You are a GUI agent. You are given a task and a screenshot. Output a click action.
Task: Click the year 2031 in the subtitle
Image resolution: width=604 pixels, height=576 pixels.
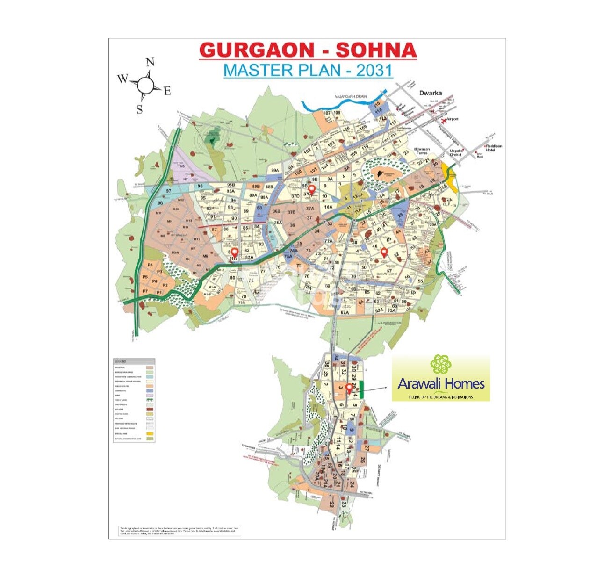[374, 70]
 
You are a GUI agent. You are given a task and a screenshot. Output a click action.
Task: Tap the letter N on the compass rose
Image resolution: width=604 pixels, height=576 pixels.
[150, 62]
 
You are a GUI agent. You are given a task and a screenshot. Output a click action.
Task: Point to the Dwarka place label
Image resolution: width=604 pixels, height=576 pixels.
[431, 93]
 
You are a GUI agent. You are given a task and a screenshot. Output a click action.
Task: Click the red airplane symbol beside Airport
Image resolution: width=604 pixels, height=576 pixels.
[442, 119]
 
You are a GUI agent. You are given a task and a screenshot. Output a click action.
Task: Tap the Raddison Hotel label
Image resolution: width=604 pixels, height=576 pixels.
[494, 148]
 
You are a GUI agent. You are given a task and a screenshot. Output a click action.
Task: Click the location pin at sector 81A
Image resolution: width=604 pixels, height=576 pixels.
[234, 252]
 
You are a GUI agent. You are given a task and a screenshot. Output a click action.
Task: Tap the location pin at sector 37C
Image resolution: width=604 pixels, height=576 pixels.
[312, 189]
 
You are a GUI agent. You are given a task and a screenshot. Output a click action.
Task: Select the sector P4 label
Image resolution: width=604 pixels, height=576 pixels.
[150, 265]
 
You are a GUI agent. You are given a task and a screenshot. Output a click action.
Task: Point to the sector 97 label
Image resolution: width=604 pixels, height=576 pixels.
[168, 192]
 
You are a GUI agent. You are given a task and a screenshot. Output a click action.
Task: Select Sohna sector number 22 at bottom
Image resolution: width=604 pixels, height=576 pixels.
[331, 504]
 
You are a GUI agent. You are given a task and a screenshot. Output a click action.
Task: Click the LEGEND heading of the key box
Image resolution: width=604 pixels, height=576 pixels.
[121, 361]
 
